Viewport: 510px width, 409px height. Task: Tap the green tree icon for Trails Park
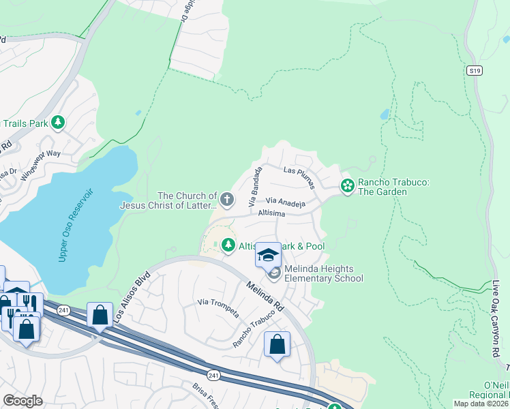tap(59, 123)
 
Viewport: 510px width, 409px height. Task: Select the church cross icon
tap(227, 200)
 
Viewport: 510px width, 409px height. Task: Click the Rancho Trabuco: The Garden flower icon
tap(348, 186)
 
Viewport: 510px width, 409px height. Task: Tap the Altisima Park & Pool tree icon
tap(227, 245)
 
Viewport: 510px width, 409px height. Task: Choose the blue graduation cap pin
tap(268, 255)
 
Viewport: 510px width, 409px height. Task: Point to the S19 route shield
tap(475, 70)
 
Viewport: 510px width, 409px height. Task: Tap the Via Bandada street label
tap(256, 187)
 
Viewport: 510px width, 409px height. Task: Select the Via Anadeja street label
tap(286, 202)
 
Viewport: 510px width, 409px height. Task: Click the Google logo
tap(23, 400)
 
